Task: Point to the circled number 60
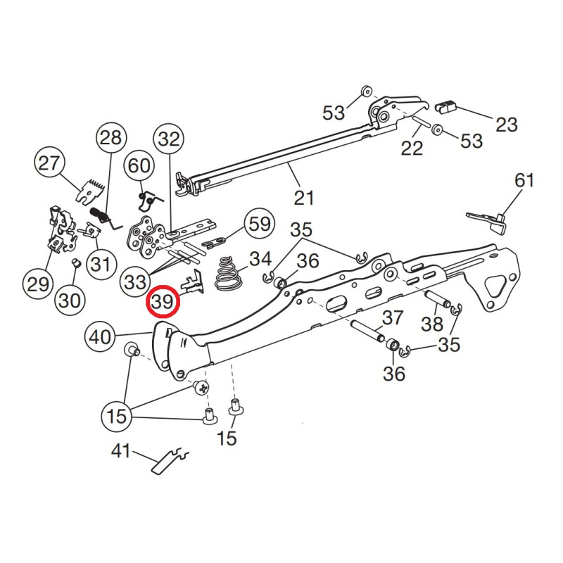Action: pos(139,167)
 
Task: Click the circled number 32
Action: pos(169,139)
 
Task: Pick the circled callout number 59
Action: pos(258,224)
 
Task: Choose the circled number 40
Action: pos(100,338)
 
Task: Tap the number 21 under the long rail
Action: pos(303,198)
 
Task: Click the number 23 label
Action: pos(505,125)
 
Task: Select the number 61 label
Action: pos(524,181)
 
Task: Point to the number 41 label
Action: pos(121,450)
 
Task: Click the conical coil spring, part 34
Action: pos(227,273)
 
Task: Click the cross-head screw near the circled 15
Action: pos(201,386)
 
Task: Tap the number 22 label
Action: pos(412,148)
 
